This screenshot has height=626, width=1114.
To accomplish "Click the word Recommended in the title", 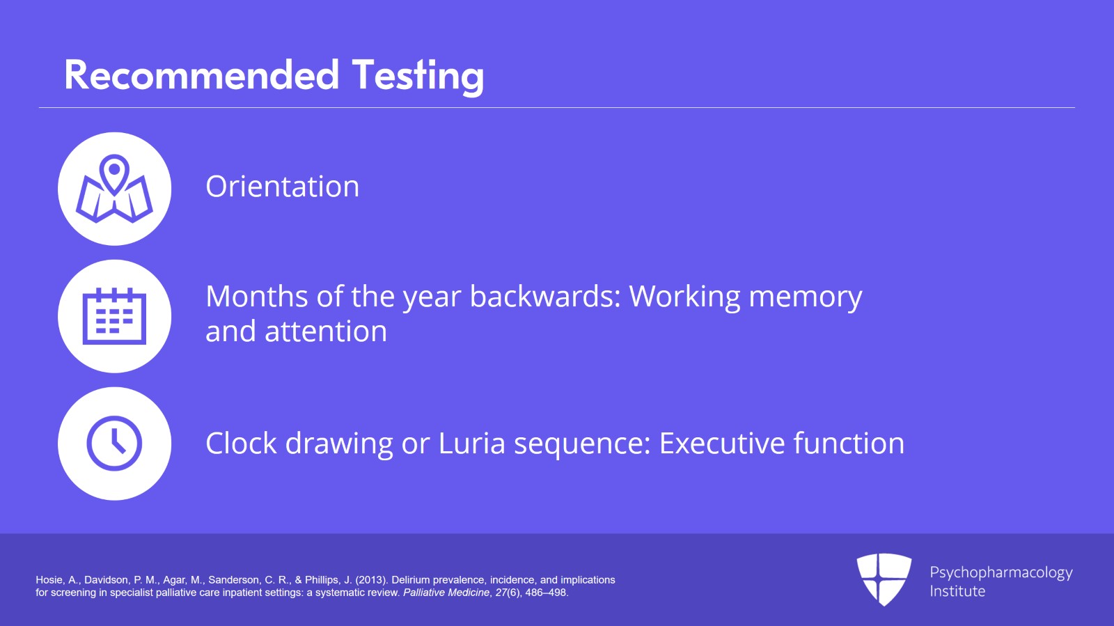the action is point(202,75).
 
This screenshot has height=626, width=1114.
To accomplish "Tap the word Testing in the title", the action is point(418,77).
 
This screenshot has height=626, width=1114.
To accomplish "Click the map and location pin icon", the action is point(114,189).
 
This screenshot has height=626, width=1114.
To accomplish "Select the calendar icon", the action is point(114,316).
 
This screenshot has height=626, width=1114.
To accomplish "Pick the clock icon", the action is point(114,444).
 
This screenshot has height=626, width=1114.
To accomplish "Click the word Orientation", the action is point(282,187).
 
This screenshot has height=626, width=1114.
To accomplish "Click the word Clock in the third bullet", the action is point(241,443).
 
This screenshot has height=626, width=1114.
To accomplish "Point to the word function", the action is point(849,443).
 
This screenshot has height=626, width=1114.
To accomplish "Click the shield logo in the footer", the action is point(884,579).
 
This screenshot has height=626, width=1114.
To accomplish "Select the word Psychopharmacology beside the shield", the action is point(1001,573).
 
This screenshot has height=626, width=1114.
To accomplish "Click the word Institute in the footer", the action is point(957,591).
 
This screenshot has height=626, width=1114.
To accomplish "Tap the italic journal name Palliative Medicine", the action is point(446,593).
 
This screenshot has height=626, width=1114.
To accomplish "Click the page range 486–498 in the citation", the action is point(547,593).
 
